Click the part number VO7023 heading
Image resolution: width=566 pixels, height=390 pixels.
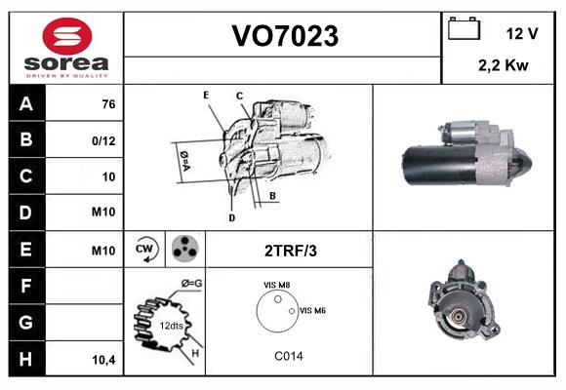click(284, 37)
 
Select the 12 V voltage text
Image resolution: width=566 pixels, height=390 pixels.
click(522, 33)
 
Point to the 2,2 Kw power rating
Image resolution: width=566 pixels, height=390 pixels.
click(505, 65)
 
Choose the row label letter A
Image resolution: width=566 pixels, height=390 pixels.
click(26, 103)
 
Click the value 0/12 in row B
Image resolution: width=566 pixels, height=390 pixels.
click(103, 140)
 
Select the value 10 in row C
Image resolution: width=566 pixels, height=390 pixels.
click(107, 177)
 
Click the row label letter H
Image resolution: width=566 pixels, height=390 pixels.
click(26, 360)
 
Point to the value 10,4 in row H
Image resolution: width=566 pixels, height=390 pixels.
click(103, 360)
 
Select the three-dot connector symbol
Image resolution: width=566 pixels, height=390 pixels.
click(183, 250)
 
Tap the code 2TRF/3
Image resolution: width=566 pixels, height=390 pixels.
click(290, 251)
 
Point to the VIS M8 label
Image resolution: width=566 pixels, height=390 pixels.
click(276, 284)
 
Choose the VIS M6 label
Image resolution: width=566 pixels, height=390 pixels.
click(312, 310)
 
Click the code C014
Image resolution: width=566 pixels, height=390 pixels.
click(288, 356)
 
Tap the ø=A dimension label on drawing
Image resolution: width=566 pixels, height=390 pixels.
click(183, 157)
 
